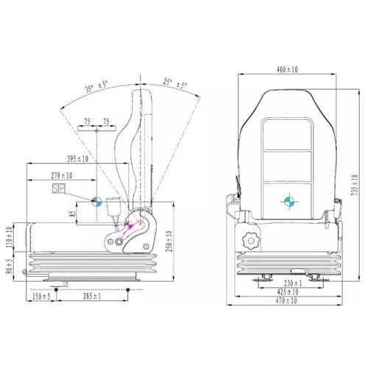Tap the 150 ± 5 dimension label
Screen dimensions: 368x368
point(41,297)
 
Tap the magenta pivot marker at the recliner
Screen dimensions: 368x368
point(130,224)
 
